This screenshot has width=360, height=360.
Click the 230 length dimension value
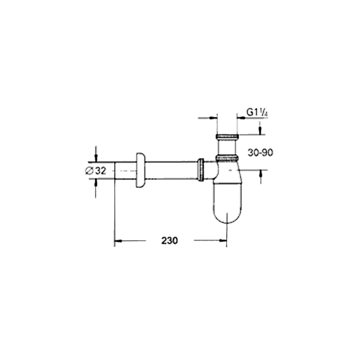169,241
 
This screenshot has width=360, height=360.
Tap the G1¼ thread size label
257,112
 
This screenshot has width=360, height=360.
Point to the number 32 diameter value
101,171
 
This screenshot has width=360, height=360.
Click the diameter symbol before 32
89,171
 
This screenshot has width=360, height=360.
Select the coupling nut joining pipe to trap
201,170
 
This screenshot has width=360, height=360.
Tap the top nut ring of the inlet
227,137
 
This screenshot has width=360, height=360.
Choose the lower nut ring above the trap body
227,158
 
